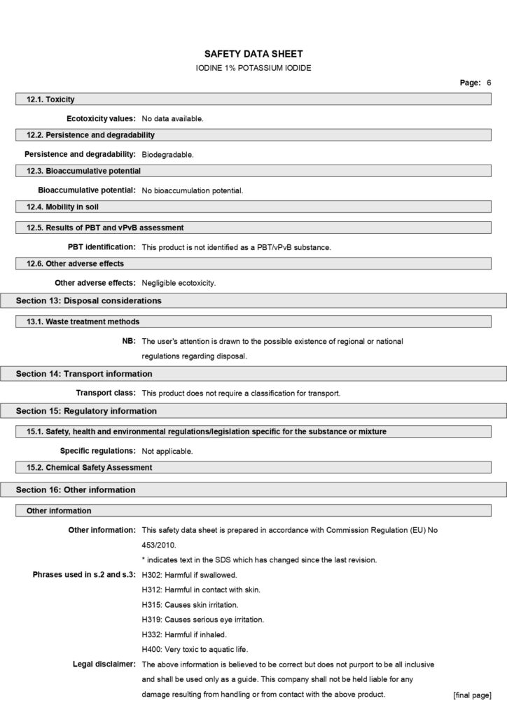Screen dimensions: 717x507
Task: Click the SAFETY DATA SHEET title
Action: (x=253, y=53)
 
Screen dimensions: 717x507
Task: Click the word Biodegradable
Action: (x=167, y=154)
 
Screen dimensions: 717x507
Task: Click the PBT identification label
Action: (x=102, y=246)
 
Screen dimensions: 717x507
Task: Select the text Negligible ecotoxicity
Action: (x=179, y=283)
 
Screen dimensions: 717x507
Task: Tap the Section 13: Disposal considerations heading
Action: (x=89, y=300)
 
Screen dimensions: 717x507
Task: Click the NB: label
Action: (x=129, y=341)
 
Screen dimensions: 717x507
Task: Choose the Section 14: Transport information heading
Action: (x=84, y=374)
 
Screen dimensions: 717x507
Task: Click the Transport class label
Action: (x=106, y=393)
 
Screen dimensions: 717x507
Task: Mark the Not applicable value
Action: (x=167, y=451)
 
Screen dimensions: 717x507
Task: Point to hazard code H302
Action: (x=151, y=574)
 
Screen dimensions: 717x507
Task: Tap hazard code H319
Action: (x=151, y=619)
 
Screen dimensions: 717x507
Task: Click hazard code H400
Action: (x=151, y=648)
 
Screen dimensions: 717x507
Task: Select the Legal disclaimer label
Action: (x=104, y=664)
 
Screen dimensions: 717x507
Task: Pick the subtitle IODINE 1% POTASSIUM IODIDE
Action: (x=253, y=68)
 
